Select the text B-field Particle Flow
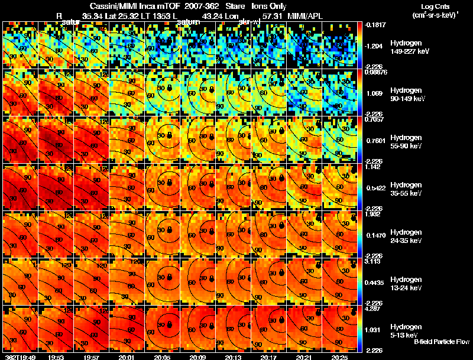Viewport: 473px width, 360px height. [x=441, y=342]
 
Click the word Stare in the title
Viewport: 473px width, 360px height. [x=228, y=5]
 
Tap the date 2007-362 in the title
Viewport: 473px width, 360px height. [x=192, y=5]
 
